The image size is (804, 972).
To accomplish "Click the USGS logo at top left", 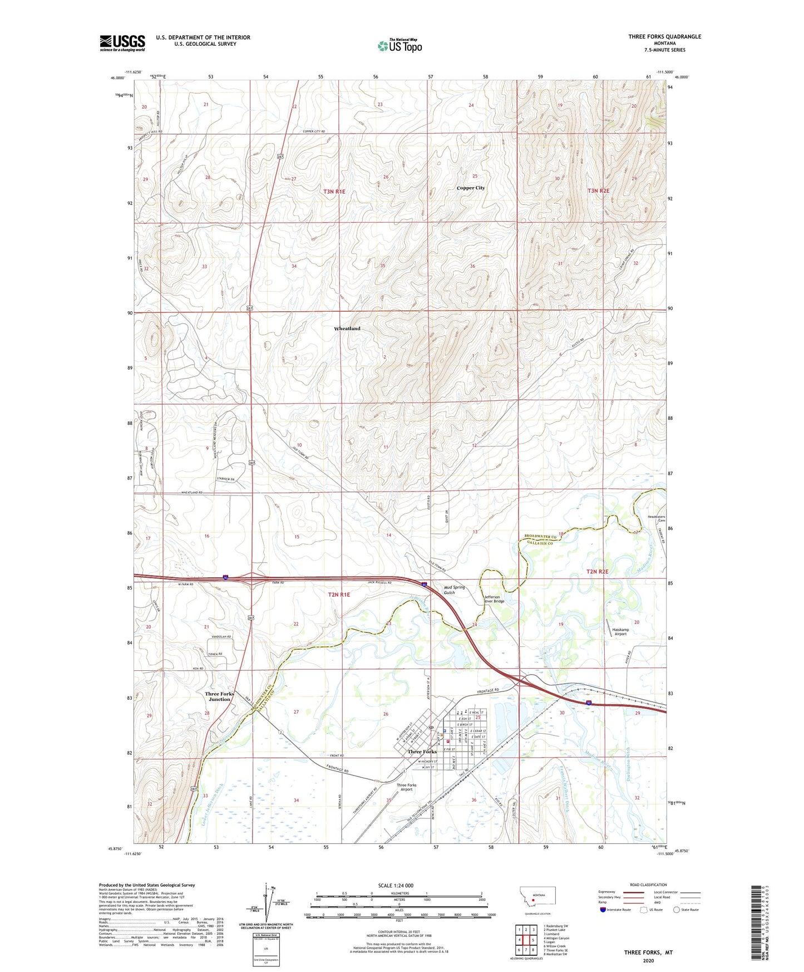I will point(122,43).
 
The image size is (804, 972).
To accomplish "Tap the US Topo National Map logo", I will point(399,45).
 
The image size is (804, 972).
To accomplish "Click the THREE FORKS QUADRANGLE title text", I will point(664,37).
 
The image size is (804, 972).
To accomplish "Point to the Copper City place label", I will point(470,188).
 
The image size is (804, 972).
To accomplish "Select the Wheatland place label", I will point(347,329).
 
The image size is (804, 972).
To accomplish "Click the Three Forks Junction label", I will point(219,696).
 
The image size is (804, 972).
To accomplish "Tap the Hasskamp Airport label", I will point(620,632).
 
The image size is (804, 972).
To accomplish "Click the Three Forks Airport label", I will point(406,787).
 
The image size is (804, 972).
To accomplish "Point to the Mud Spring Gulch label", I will point(453,590).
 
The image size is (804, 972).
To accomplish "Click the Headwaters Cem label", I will point(659,519).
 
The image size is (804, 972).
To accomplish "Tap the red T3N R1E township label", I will point(334,192).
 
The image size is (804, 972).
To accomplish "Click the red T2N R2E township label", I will point(597,572).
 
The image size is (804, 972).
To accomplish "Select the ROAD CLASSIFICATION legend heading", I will point(648,885).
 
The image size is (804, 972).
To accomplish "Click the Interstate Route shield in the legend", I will point(603,910).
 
